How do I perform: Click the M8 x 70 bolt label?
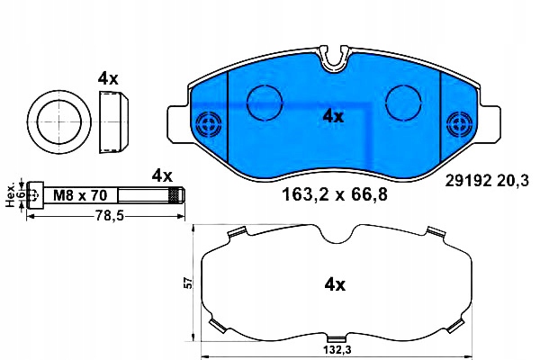(80, 195)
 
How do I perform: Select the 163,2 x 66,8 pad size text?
(335, 194)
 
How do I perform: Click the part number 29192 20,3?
(486, 181)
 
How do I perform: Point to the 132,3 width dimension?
(337, 350)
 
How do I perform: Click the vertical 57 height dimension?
(188, 283)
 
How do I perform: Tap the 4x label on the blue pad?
(333, 116)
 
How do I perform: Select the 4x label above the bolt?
(162, 176)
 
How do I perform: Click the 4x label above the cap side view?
(108, 78)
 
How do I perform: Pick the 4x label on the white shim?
(335, 285)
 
